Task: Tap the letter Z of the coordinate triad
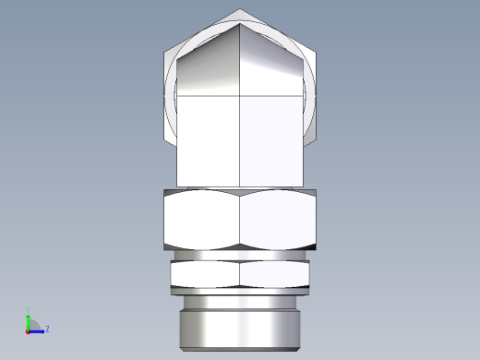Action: pos(47,329)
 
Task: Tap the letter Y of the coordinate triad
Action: pos(28,309)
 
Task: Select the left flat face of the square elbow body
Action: pos(208,138)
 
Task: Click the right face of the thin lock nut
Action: pos(275,273)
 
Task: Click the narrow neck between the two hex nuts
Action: pos(240,255)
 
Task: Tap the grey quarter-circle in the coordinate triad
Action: pos(33,324)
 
